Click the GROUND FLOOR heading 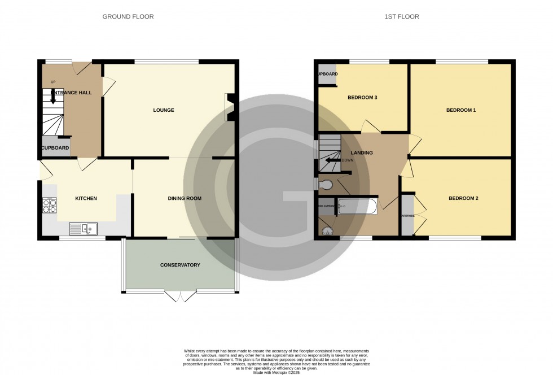tap(128, 17)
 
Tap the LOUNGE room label tap(164, 110)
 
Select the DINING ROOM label tap(185, 198)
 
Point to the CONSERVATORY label tap(180, 265)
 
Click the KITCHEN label tap(86, 198)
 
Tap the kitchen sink tap(83, 229)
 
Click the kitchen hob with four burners tap(50, 206)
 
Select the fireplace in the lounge tap(230, 107)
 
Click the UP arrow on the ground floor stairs tap(53, 97)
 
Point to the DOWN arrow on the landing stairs tap(333, 160)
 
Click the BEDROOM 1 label tap(461, 110)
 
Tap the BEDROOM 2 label tap(463, 198)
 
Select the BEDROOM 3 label tap(362, 98)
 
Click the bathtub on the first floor tap(357, 206)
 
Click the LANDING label tap(362, 152)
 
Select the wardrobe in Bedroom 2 tap(407, 215)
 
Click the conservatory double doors tap(181, 295)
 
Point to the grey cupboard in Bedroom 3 tap(327, 75)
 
